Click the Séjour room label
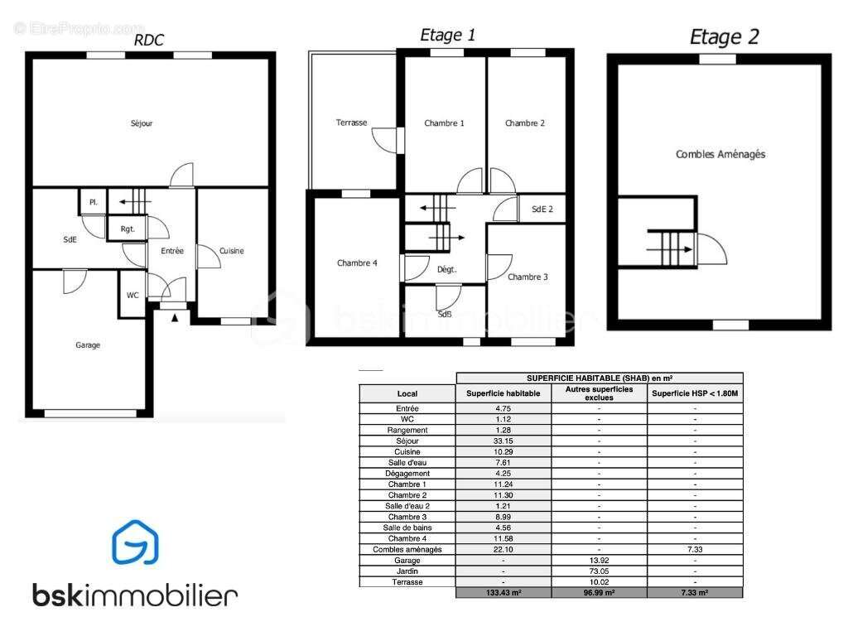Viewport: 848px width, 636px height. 142,123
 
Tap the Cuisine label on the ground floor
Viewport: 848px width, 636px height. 232,251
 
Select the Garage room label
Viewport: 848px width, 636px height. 88,345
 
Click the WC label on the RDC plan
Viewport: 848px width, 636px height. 132,296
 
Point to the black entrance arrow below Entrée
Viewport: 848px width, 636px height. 175,318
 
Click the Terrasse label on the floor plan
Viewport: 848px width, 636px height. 351,123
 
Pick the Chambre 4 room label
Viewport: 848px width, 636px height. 357,263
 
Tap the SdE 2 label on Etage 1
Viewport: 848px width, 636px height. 542,210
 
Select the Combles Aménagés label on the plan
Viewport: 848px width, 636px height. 720,155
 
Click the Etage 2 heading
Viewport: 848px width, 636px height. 724,36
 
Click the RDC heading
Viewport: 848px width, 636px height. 148,40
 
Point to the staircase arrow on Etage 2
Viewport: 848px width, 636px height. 669,249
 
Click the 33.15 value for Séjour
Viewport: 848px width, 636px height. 503,441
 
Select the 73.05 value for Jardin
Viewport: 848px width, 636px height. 599,571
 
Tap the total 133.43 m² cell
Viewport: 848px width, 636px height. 503,593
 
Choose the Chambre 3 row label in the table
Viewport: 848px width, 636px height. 407,517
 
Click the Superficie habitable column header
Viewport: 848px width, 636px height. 503,393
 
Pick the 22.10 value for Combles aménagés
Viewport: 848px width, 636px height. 503,550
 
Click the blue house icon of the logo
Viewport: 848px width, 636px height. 135,542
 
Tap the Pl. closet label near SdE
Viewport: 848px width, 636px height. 94,202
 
